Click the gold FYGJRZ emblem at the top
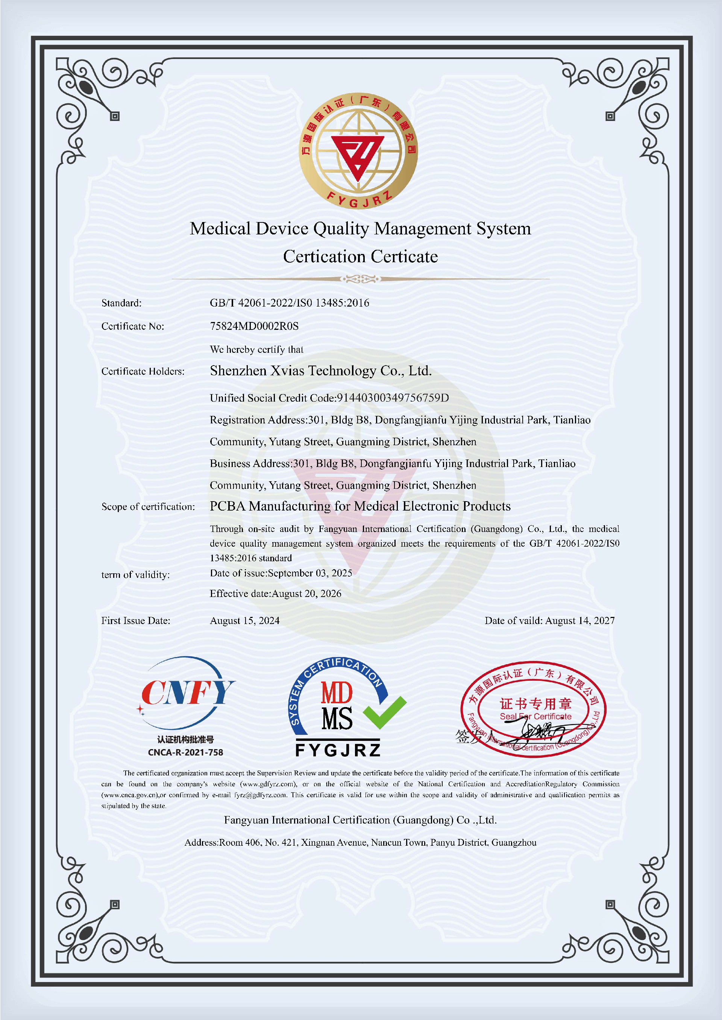[358, 151]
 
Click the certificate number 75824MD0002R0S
[254, 326]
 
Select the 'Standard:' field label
[121, 303]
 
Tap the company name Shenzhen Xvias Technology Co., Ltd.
[320, 370]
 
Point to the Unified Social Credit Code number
[393, 397]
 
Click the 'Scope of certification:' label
[148, 506]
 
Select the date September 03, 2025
[310, 573]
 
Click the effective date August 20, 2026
[306, 594]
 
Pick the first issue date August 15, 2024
[244, 621]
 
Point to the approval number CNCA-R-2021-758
[185, 752]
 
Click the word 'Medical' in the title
[220, 229]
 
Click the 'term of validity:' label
[135, 575]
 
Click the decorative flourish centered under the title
[361, 279]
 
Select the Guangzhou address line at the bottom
[361, 842]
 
